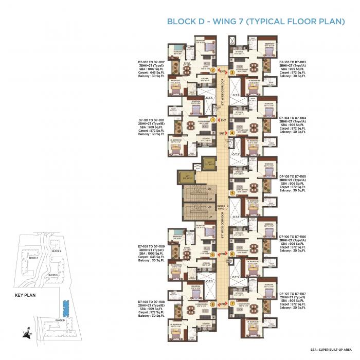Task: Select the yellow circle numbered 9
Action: (212, 255)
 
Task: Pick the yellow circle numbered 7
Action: (232, 303)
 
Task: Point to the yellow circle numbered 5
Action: (232, 193)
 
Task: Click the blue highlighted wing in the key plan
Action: (64, 308)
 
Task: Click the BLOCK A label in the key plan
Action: (33, 257)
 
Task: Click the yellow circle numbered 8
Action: (212, 304)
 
